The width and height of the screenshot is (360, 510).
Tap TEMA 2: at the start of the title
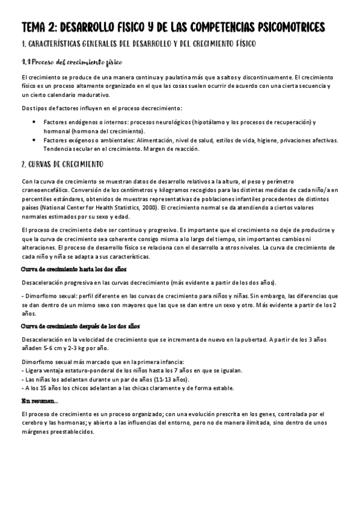[40, 28]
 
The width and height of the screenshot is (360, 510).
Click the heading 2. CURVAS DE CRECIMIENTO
[62, 164]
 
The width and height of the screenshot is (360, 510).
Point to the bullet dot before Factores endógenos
[34, 122]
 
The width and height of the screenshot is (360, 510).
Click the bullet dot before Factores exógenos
[34, 140]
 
